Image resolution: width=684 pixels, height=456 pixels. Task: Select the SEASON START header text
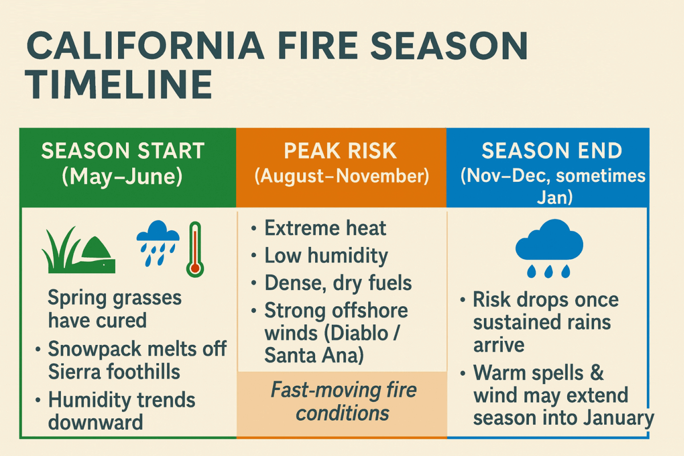tap(123, 151)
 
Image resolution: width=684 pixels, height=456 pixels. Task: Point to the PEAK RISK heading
tap(341, 151)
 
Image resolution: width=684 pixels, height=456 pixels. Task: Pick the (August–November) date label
tap(341, 176)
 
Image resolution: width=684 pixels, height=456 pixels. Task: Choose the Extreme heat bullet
tap(325, 229)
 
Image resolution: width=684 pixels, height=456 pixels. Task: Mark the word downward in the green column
tap(96, 422)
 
